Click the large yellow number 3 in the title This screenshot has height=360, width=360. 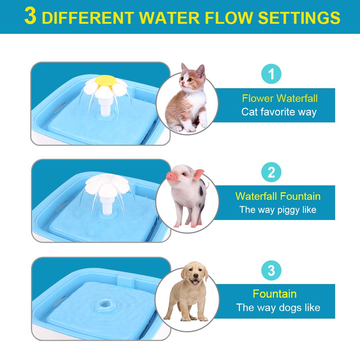[x=31, y=17]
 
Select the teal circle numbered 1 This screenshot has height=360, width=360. [x=271, y=74]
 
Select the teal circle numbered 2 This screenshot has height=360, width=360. [x=271, y=172]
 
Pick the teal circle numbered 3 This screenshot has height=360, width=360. [x=271, y=270]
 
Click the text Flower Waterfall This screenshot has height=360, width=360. [x=280, y=98]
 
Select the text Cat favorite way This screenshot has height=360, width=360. [x=279, y=112]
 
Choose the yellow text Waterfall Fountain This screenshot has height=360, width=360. [x=278, y=196]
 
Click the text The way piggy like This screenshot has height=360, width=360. [x=278, y=210]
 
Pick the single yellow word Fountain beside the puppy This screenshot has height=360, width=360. [x=275, y=294]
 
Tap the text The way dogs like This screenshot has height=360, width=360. [x=278, y=307]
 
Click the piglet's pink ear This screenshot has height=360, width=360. [x=198, y=174]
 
